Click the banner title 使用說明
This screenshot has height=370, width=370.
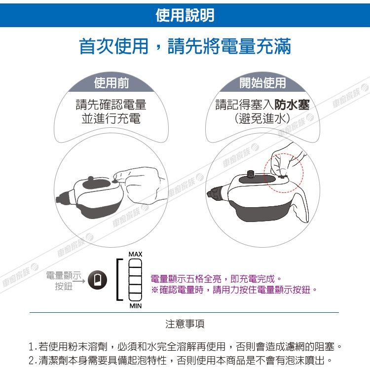pyautogui.click(x=185, y=15)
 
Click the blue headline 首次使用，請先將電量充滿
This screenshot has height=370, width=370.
pyautogui.click(x=185, y=46)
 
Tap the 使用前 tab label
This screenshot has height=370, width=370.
pyautogui.click(x=111, y=83)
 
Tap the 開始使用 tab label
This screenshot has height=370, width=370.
pyautogui.click(x=262, y=83)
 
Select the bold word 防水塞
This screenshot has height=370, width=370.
pyautogui.click(x=292, y=105)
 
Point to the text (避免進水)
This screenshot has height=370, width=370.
pyautogui.click(x=262, y=118)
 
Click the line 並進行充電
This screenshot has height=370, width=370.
pyautogui.click(x=111, y=118)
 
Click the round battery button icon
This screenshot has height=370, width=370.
pyautogui.click(x=98, y=280)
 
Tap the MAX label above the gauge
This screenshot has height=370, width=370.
pyautogui.click(x=136, y=254)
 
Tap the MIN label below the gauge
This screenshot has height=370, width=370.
pyautogui.click(x=136, y=306)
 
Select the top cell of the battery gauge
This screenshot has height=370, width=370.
pyautogui.click(x=135, y=263)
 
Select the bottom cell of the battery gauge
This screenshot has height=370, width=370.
pyautogui.click(x=135, y=296)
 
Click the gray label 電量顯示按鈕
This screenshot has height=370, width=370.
pyautogui.click(x=64, y=281)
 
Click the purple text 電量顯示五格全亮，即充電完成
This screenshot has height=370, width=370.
pyautogui.click(x=213, y=279)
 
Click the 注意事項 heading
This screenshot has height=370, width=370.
pyautogui.click(x=185, y=324)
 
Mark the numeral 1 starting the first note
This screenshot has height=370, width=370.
pyautogui.click(x=31, y=347)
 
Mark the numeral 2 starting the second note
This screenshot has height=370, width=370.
pyautogui.click(x=32, y=360)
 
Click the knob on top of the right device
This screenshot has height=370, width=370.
pyautogui.click(x=250, y=174)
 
